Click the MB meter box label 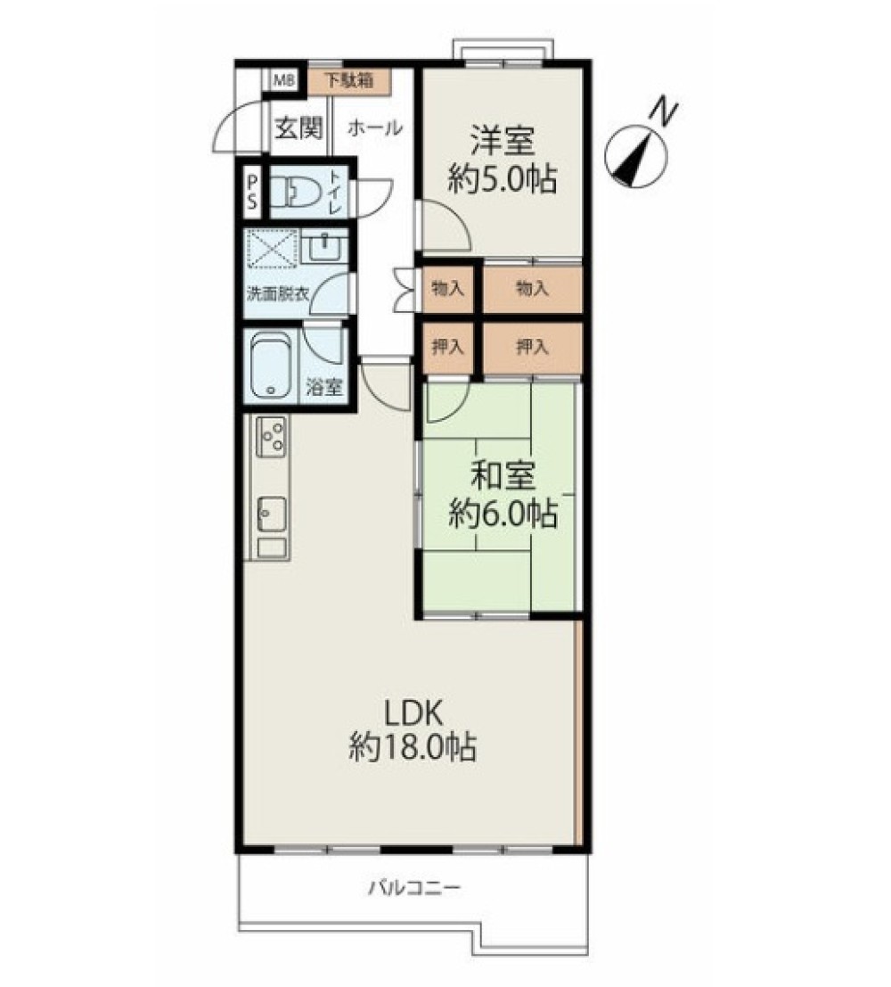[x=284, y=80]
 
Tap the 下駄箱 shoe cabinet [x=348, y=81]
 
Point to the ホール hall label [x=374, y=127]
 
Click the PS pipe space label [x=252, y=192]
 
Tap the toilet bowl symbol [x=296, y=192]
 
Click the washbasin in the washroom [x=324, y=247]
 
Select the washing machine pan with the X [x=272, y=249]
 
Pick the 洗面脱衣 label [x=277, y=294]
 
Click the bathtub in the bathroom [x=271, y=365]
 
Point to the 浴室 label [x=324, y=386]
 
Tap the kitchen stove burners [x=273, y=436]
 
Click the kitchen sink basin [x=272, y=513]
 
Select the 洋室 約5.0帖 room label [x=503, y=160]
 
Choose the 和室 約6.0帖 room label [x=503, y=495]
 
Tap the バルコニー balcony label [x=414, y=888]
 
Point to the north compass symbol [x=636, y=156]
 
